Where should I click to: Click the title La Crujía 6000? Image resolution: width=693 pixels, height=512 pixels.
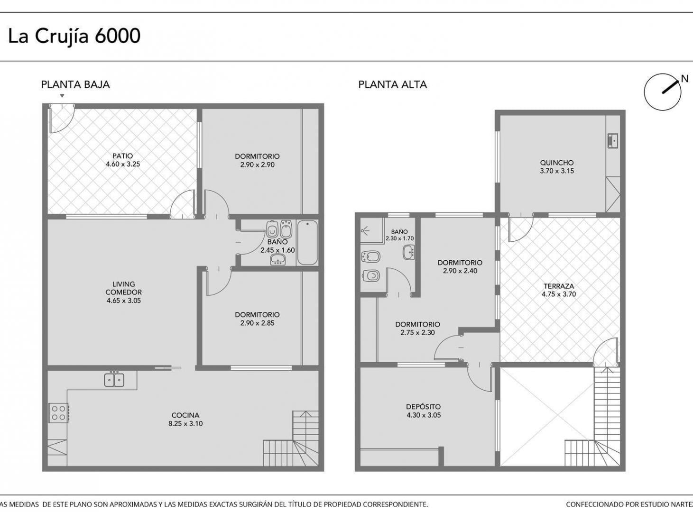(x=74, y=36)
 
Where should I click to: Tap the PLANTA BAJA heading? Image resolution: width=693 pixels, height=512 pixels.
(x=75, y=85)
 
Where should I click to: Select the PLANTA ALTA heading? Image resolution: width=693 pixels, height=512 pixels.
(x=392, y=85)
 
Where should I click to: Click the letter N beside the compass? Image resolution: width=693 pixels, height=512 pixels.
(x=684, y=79)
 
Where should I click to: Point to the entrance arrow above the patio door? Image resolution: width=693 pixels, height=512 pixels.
(x=62, y=96)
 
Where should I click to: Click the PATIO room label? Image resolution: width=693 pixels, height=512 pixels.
(x=123, y=155)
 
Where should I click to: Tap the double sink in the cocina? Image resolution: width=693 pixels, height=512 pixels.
(x=114, y=380)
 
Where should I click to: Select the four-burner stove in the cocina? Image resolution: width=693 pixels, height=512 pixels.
(x=59, y=412)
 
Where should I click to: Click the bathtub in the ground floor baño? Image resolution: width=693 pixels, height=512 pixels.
(x=307, y=242)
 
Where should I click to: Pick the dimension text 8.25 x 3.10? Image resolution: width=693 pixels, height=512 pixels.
(x=185, y=424)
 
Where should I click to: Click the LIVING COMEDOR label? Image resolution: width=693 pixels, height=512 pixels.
(x=124, y=288)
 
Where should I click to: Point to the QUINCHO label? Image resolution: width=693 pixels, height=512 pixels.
(x=557, y=163)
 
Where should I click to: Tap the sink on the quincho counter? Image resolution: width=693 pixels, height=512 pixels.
(x=613, y=141)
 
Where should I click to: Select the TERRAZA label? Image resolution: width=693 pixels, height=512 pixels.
(x=559, y=286)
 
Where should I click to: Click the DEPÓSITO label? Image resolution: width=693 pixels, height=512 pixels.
(x=424, y=407)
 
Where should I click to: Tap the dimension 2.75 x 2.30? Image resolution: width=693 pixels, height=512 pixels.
(x=418, y=333)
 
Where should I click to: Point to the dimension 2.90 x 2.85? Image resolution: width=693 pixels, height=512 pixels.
(x=258, y=323)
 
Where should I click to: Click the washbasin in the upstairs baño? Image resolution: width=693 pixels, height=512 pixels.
(x=409, y=252)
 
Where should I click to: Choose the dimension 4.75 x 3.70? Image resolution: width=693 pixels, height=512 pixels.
(x=559, y=294)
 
